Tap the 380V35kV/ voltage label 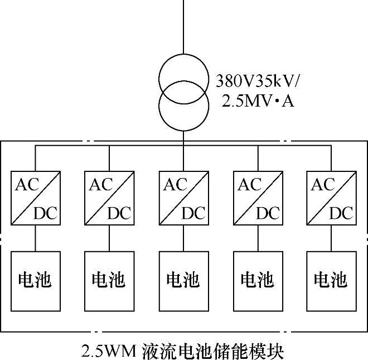coord(258,82)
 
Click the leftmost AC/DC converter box coord(35,198)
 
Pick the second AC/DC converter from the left coord(109,198)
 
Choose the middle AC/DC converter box coord(183,198)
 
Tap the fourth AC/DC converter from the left coord(257,198)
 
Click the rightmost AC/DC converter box coord(331,198)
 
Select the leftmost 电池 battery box coord(35,280)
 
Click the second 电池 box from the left coord(109,280)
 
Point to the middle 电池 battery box coord(183,280)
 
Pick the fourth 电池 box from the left coord(257,280)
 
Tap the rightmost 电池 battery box coord(331,280)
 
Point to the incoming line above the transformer coord(183,28)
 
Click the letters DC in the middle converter coord(192,213)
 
